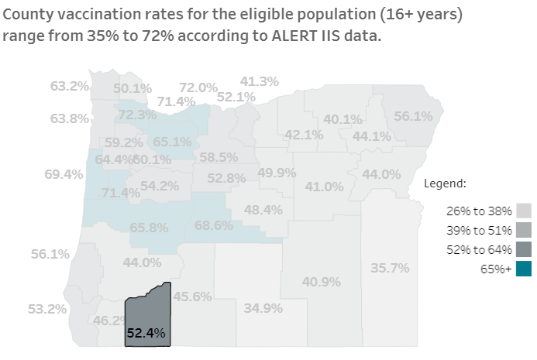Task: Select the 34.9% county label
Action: (263, 308)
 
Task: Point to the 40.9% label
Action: (322, 282)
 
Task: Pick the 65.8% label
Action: (149, 228)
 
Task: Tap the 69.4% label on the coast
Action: (64, 174)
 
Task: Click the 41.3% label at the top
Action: (260, 81)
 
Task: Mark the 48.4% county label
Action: (263, 209)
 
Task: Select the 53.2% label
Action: (47, 309)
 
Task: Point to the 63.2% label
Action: (70, 86)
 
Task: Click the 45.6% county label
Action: (193, 296)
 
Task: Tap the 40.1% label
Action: (343, 119)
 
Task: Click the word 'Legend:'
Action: (445, 183)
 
